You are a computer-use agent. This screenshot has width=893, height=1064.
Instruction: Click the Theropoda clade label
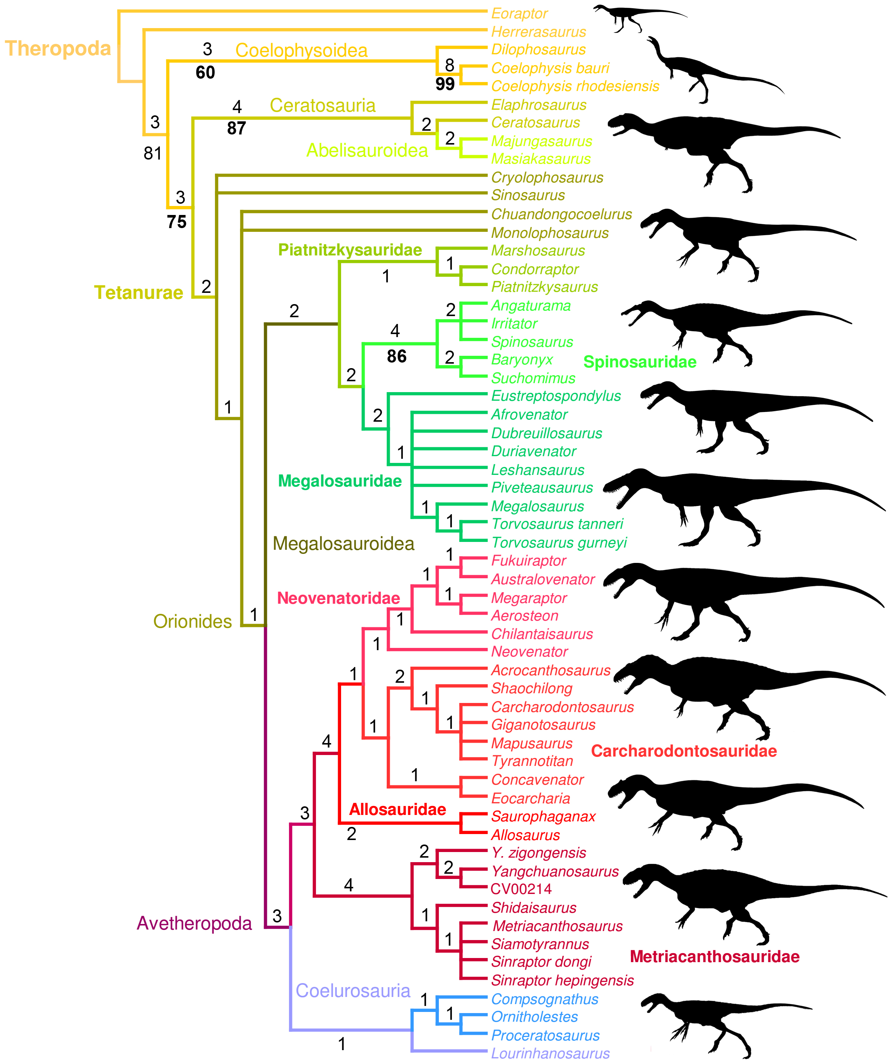click(58, 49)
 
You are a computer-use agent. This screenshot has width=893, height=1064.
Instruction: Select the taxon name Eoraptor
click(519, 14)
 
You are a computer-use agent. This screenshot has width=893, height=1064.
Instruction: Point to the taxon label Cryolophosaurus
click(547, 178)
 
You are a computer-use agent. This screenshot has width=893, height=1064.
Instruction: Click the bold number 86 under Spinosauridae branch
click(396, 356)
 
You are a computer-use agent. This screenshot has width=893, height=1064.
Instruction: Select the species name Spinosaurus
click(531, 342)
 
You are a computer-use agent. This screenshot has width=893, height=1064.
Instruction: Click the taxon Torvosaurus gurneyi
click(559, 543)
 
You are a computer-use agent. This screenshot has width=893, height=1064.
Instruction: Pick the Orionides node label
click(192, 621)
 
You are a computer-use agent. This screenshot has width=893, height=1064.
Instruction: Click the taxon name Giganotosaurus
click(543, 725)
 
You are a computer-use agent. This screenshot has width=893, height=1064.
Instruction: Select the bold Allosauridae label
click(397, 809)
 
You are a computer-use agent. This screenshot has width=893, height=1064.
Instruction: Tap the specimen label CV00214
click(521, 889)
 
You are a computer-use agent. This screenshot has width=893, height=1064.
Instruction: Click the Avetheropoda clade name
click(194, 923)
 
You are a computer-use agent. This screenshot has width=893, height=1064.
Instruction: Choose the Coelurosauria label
click(353, 991)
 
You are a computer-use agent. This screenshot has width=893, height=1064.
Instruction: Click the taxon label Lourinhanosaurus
click(550, 1054)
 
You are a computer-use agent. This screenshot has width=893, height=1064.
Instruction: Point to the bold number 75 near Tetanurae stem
click(176, 222)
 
